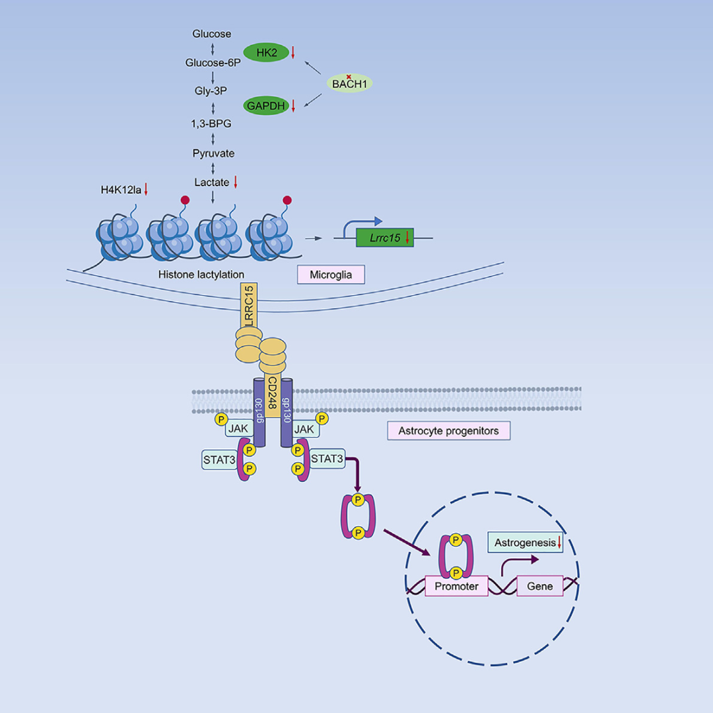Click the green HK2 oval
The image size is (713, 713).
point(267,52)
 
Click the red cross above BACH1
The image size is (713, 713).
point(349,77)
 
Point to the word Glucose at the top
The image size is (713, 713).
point(212,34)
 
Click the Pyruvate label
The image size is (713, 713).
point(213,153)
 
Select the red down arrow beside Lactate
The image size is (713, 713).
point(234,182)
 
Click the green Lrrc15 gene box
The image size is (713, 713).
point(385,237)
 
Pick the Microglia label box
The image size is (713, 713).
point(331,275)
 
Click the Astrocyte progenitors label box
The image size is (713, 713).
point(448,432)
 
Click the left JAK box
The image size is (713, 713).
point(237,429)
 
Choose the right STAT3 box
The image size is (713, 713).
point(327,458)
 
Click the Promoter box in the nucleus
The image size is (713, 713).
point(457,586)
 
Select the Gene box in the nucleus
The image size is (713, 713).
point(540,586)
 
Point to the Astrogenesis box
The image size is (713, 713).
point(526,543)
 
